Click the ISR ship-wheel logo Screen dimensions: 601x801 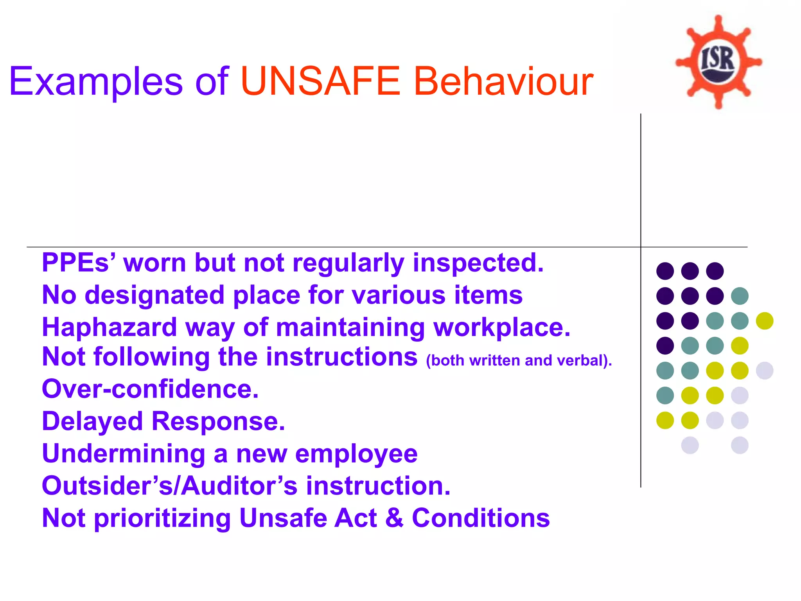point(718,62)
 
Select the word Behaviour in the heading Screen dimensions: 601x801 point(504,81)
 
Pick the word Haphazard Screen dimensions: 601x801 point(110,327)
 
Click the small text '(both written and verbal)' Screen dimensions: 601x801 point(519,360)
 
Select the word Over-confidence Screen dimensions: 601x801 point(150,389)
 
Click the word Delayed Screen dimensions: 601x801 point(92,421)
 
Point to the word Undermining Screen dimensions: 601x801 point(124,454)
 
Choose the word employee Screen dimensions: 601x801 point(356,454)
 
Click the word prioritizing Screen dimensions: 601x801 point(163,518)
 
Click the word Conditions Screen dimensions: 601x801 point(481,518)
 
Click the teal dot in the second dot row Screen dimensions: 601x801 point(740,296)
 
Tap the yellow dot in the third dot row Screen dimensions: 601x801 point(765,321)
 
